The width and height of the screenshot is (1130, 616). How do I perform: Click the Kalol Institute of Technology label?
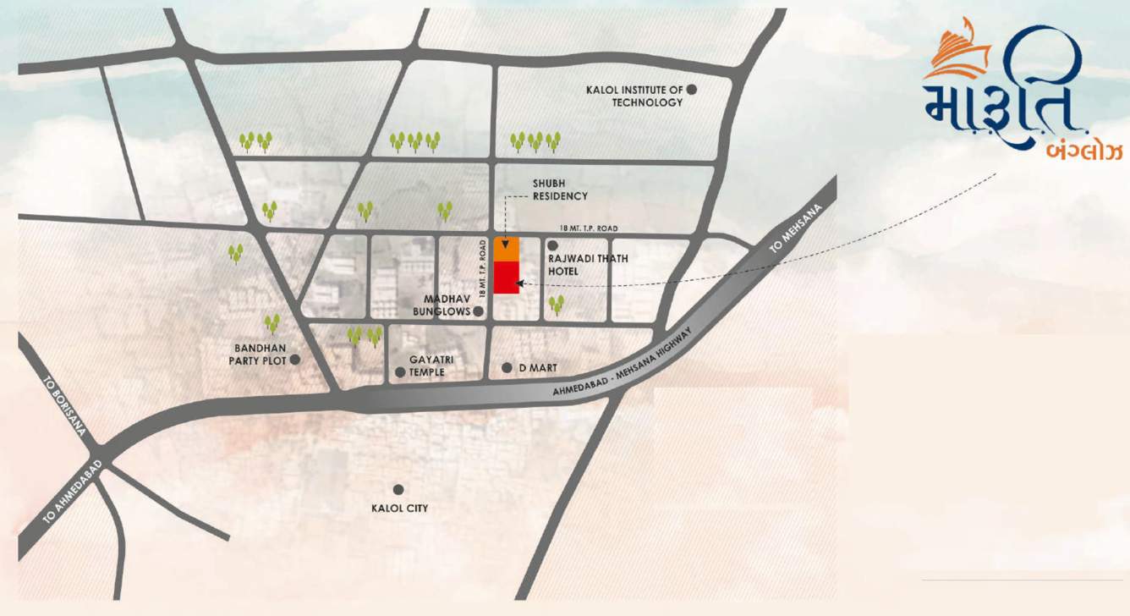pos(635,96)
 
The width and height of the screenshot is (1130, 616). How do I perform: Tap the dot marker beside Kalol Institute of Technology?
pos(691,89)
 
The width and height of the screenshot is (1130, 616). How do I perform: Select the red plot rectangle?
pos(506,278)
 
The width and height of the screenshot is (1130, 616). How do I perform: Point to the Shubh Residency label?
pos(559,190)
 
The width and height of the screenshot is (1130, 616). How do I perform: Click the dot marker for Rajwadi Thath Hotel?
pos(552,245)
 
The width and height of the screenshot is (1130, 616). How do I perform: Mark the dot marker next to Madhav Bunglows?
pos(478,311)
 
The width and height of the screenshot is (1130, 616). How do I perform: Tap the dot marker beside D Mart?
pos(507,367)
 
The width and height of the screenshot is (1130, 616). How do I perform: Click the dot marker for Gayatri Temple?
pos(400,372)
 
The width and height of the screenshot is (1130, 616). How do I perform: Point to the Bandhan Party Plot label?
pos(258,354)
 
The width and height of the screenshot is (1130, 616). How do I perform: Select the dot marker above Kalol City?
pos(398,489)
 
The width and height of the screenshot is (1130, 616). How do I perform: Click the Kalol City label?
pos(399,509)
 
